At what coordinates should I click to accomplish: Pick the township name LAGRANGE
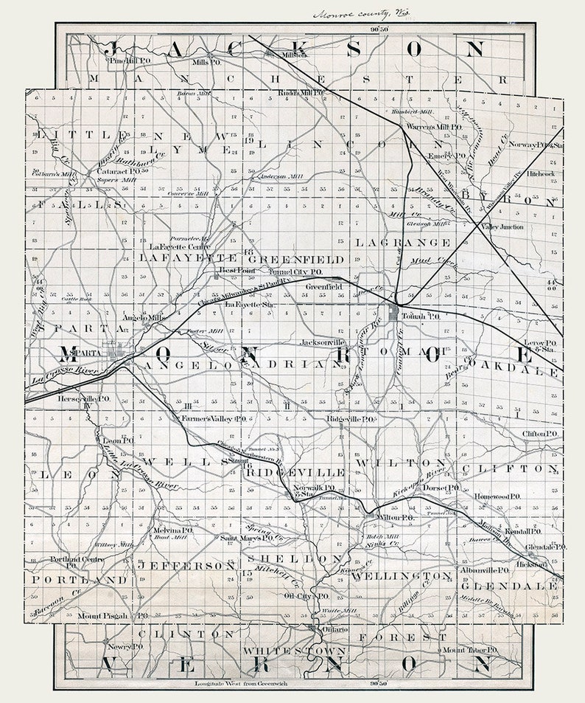click(x=403, y=242)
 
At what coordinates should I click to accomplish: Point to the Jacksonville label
click(x=323, y=343)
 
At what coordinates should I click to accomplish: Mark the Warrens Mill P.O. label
click(x=434, y=127)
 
